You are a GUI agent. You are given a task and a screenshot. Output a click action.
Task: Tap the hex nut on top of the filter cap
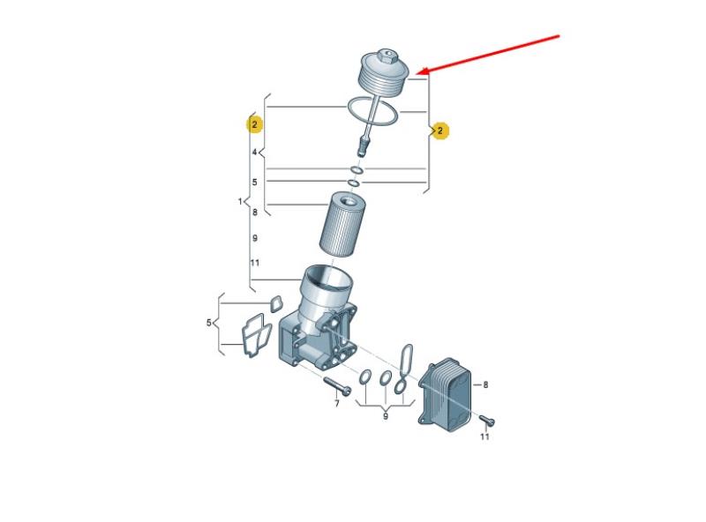click(387, 57)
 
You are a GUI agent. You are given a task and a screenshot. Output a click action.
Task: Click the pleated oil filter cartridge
click(342, 224)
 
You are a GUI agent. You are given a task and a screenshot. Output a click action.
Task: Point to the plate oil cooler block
click(446, 395)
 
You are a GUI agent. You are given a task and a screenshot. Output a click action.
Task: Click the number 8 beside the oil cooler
click(485, 384)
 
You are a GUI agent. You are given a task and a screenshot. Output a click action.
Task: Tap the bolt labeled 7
click(337, 386)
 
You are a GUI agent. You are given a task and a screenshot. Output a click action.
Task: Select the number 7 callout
click(337, 404)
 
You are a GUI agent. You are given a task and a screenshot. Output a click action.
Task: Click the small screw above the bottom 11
click(487, 421)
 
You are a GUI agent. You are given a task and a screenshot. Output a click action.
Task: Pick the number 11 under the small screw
click(484, 436)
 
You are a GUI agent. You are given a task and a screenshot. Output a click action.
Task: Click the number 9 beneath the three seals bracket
click(386, 417)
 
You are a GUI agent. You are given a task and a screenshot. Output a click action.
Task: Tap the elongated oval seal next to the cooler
click(405, 358)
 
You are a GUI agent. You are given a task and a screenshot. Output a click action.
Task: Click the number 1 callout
click(240, 201)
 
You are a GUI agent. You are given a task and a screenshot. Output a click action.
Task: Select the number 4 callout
click(254, 153)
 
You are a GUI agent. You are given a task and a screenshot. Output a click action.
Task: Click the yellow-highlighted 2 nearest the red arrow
click(440, 131)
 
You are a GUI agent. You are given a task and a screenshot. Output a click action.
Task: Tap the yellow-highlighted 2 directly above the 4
click(254, 124)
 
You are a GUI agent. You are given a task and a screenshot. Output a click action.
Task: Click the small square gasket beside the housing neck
click(276, 303)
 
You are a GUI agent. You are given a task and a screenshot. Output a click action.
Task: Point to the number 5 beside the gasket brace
click(209, 323)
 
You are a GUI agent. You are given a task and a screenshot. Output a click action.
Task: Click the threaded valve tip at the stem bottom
click(362, 146)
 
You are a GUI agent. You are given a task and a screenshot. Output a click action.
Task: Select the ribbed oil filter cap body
click(384, 73)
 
